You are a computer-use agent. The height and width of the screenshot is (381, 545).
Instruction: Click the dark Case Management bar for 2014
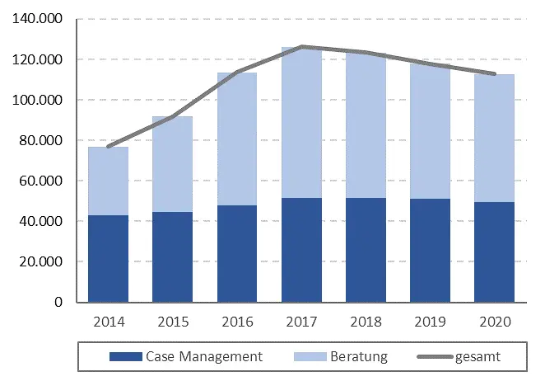[x=109, y=259]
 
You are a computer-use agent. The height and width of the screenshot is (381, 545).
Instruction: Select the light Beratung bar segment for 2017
[x=301, y=124]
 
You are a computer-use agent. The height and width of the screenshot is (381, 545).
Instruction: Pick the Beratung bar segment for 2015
[x=173, y=165]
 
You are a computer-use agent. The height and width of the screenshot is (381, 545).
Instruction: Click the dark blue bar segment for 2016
[x=237, y=254]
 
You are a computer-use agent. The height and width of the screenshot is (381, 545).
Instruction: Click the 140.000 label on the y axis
[x=39, y=20]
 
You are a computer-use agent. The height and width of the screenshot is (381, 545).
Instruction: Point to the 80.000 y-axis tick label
[x=42, y=141]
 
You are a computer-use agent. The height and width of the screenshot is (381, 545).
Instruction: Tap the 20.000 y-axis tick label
[x=42, y=262]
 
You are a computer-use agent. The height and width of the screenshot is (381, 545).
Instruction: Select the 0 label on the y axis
[x=59, y=303]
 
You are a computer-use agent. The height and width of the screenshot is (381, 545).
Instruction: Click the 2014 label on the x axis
[x=109, y=322]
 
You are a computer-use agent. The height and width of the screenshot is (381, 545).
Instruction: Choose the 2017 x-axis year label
[x=301, y=322]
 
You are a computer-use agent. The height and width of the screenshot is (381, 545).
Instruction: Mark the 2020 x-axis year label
[x=494, y=322]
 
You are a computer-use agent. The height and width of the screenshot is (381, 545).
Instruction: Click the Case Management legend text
[x=203, y=357]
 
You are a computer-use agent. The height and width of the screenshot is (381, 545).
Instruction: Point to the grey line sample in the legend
[x=436, y=358]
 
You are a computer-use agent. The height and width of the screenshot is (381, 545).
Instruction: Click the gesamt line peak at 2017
[x=301, y=47]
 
